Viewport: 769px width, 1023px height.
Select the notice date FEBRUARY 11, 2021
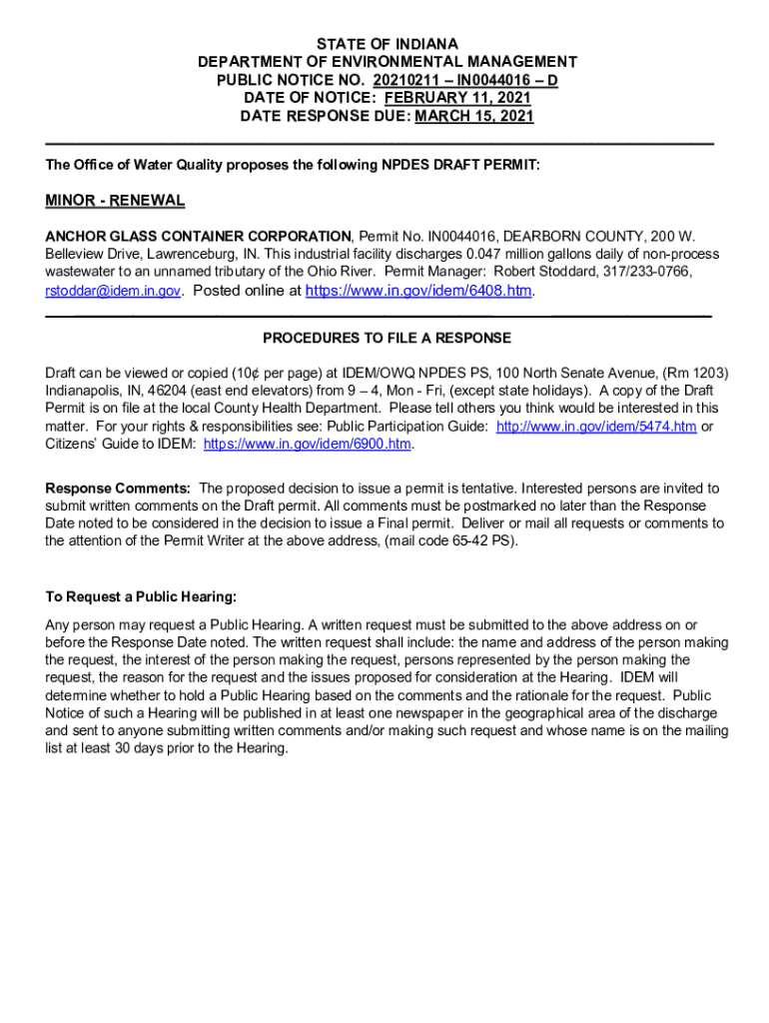[457, 98]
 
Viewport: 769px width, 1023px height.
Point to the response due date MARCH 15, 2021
[474, 116]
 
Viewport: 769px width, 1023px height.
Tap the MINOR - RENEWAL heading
[115, 201]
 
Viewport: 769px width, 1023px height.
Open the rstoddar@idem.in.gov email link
[113, 291]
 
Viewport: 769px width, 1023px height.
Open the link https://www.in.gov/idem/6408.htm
[418, 291]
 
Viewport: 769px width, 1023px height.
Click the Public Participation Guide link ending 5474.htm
[596, 426]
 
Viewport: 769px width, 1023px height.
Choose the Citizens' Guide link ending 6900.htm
[308, 444]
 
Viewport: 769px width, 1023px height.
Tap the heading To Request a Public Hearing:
[141, 597]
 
